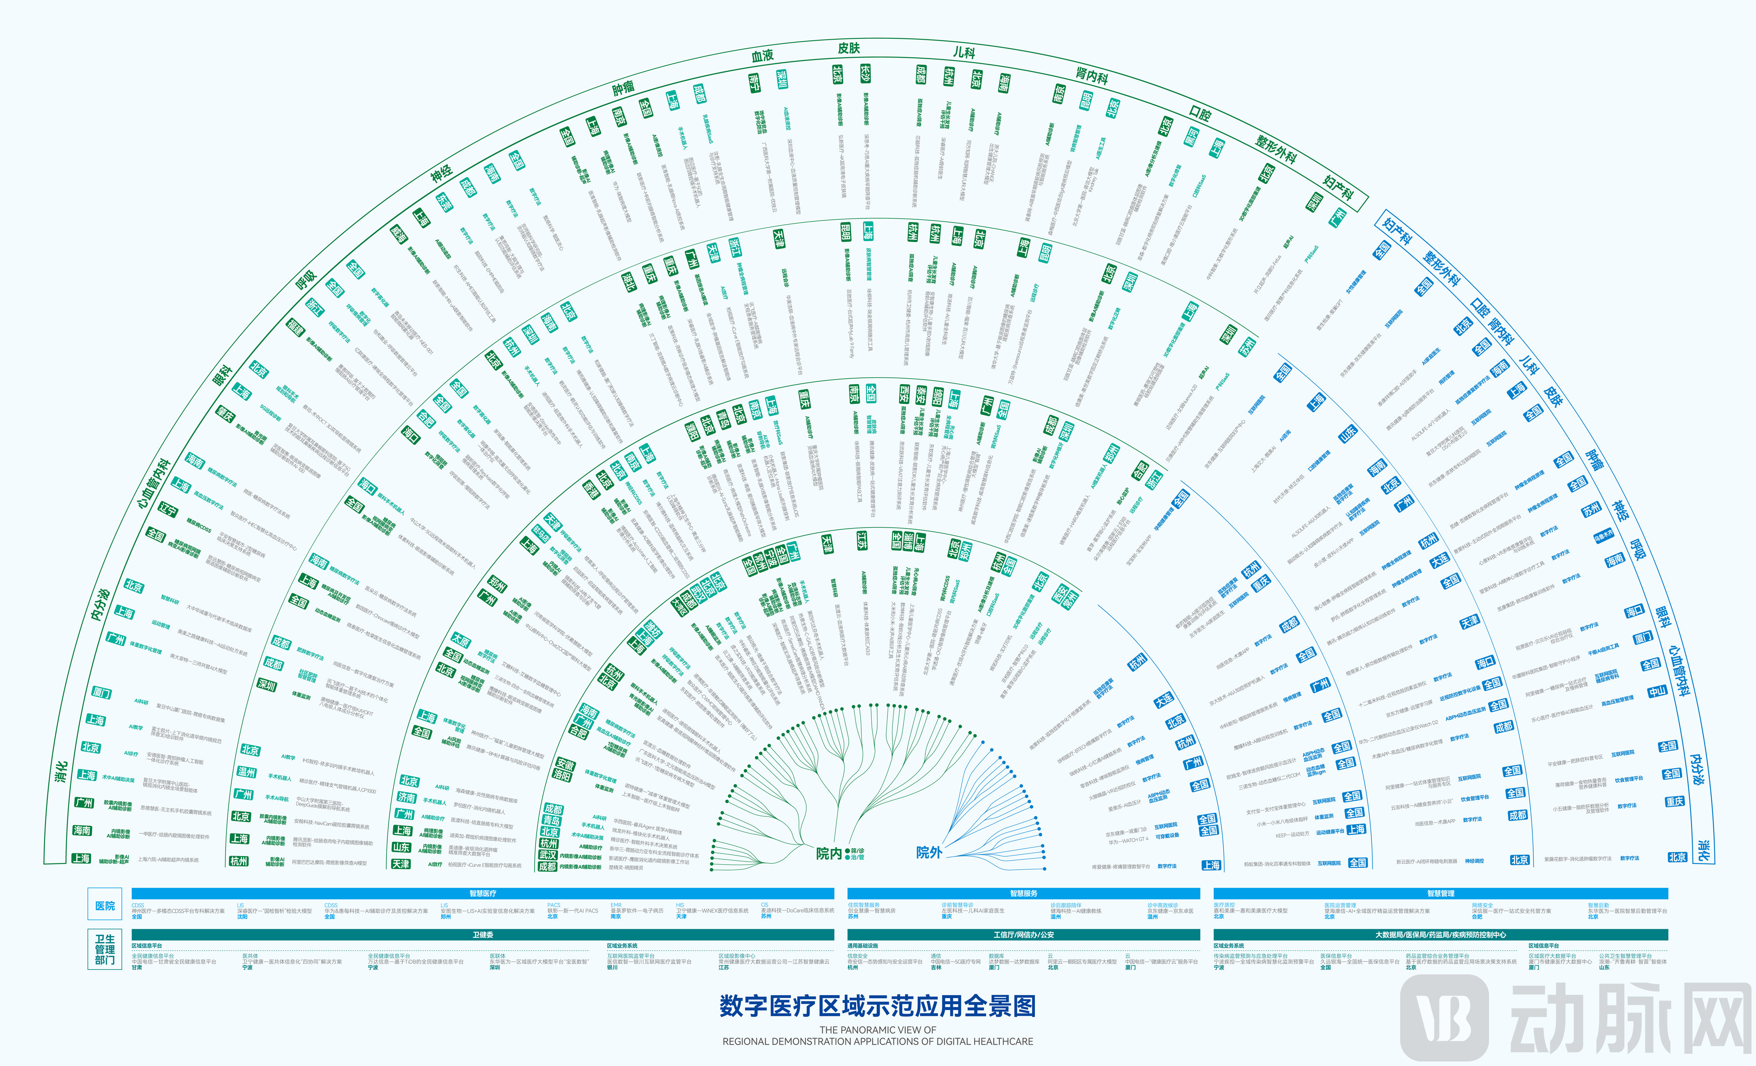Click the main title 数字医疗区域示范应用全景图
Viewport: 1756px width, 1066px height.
pyautogui.click(x=877, y=1006)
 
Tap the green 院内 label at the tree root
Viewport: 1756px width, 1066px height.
pyautogui.click(x=828, y=853)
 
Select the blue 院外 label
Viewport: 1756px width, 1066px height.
pyautogui.click(x=929, y=852)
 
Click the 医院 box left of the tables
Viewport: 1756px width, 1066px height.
pyautogui.click(x=105, y=906)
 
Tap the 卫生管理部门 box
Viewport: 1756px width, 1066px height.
pyautogui.click(x=105, y=950)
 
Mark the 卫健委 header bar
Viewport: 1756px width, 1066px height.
pyautogui.click(x=483, y=934)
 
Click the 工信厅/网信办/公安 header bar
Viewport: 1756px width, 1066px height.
pyautogui.click(x=1023, y=934)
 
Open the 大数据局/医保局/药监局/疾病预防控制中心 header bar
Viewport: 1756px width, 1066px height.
pyautogui.click(x=1440, y=934)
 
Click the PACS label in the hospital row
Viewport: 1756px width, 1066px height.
pyautogui.click(x=554, y=905)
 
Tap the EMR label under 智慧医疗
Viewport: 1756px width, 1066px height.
pyautogui.click(x=616, y=905)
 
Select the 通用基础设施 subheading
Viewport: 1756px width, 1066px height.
pyautogui.click(x=862, y=945)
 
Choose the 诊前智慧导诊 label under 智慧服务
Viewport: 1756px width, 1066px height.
pyautogui.click(x=956, y=905)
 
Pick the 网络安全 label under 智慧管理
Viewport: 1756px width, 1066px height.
pyautogui.click(x=1482, y=905)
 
